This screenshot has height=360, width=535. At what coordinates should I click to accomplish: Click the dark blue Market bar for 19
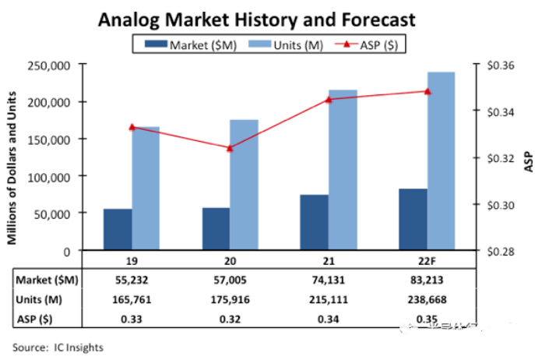tap(118, 230)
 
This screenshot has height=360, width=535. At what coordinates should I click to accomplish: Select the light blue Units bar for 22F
tap(441, 161)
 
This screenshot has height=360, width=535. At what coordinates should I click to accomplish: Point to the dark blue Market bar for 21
tap(314, 222)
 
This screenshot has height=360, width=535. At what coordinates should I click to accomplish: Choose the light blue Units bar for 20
tap(244, 185)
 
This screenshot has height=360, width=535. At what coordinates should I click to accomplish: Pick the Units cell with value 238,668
tap(425, 299)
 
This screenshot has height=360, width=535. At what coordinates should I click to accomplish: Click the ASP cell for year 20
tap(229, 317)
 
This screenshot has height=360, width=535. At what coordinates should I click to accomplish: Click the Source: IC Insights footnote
tap(57, 347)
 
